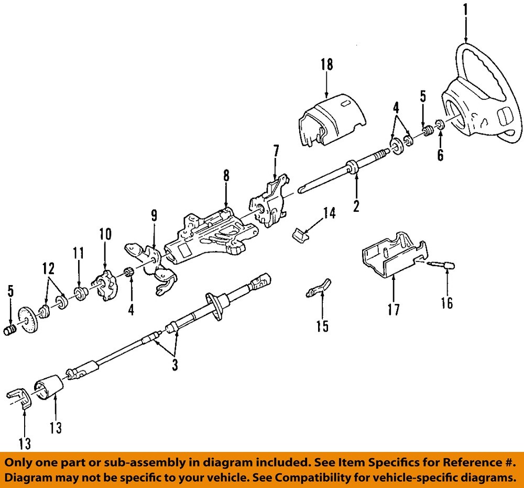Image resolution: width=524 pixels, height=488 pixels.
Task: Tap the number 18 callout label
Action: point(326,64)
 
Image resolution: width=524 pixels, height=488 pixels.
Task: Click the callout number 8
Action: point(226,176)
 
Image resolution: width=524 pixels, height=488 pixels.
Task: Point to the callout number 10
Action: point(105,234)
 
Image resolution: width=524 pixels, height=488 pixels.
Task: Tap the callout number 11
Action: point(78,254)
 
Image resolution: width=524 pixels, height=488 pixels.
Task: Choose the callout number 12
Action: point(48,270)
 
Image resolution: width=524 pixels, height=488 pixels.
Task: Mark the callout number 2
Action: point(356,206)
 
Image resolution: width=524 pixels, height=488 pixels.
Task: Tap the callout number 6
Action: point(440,155)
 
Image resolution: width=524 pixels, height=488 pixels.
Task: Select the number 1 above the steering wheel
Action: point(465,9)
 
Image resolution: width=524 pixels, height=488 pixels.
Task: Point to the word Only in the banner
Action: point(20,462)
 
